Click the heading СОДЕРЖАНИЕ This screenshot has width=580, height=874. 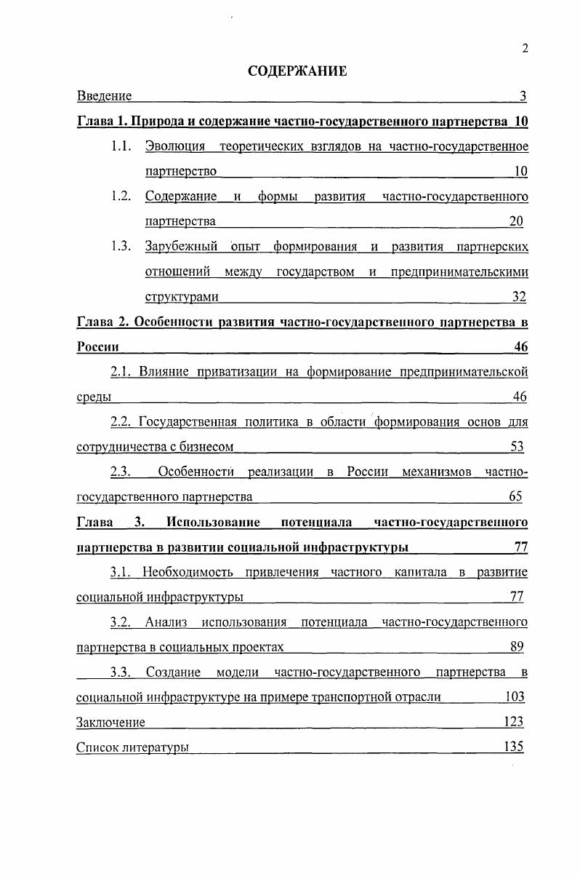[297, 71]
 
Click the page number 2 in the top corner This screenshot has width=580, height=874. [524, 49]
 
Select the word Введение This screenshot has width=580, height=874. [104, 95]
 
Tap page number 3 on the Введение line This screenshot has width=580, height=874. [523, 95]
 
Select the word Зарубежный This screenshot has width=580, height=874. [181, 246]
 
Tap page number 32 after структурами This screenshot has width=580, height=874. [518, 296]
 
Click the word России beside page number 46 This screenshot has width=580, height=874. [98, 346]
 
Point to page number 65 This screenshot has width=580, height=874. [515, 496]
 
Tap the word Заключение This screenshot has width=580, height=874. [110, 722]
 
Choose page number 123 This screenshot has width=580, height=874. [514, 722]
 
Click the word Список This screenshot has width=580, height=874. [97, 747]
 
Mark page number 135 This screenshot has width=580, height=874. [514, 747]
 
